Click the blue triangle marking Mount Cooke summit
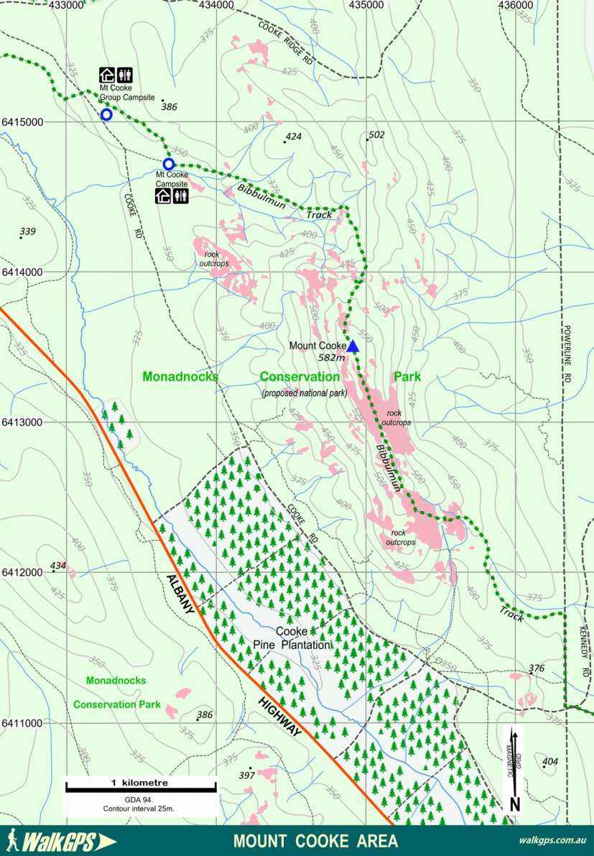[353, 346]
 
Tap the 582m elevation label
[333, 356]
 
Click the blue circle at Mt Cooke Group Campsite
[106, 114]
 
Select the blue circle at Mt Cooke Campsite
[169, 164]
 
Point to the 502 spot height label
[376, 134]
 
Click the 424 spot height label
[293, 137]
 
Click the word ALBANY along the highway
[181, 594]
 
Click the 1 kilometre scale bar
[141, 789]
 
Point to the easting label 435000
[366, 5]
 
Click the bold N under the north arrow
[514, 804]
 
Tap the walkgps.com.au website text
[552, 840]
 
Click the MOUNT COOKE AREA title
[315, 840]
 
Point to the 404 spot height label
[550, 761]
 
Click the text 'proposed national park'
[305, 392]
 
